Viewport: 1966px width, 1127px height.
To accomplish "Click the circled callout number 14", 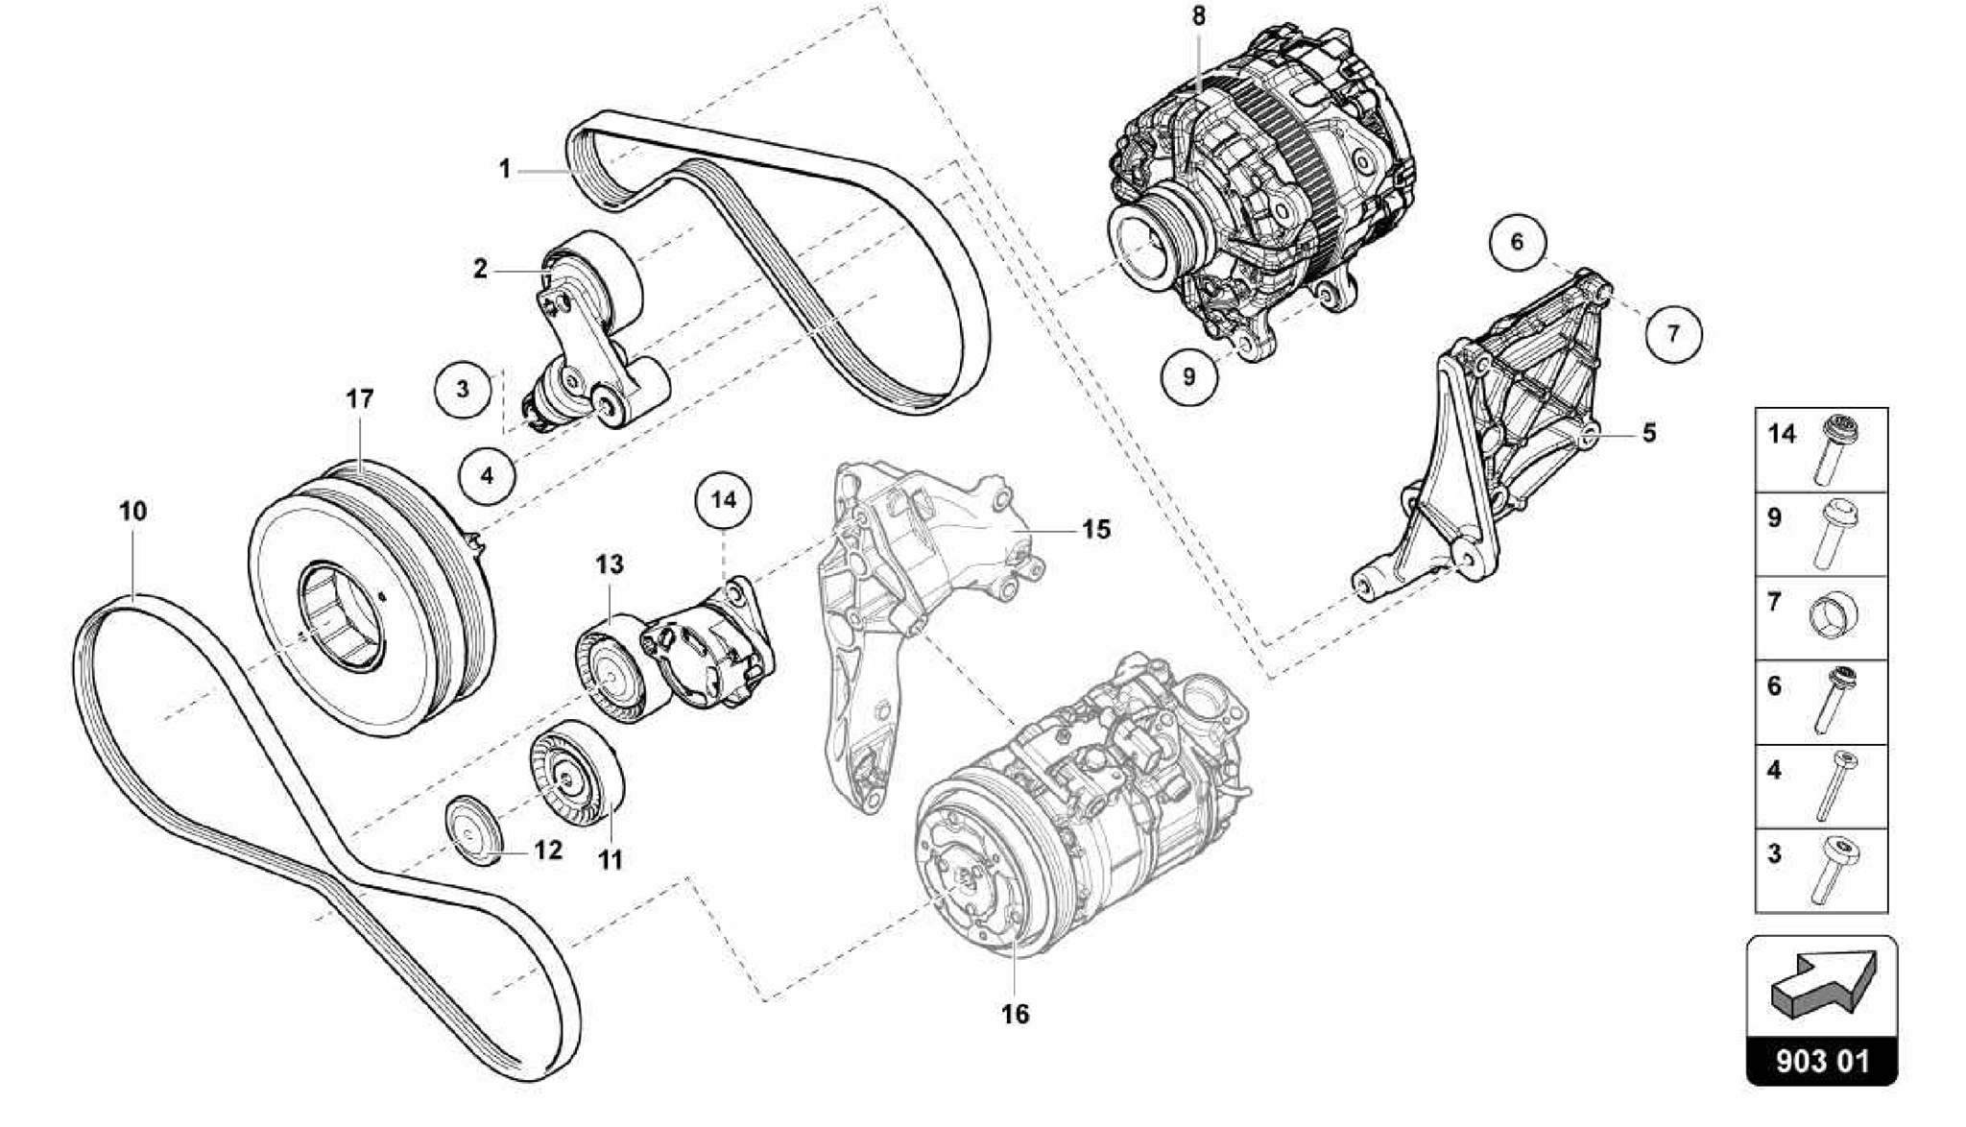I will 724,499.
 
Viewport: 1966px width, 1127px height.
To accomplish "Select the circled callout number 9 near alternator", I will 1188,375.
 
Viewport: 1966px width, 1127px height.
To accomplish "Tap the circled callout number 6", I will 1518,241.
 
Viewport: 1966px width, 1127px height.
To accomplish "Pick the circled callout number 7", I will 1673,333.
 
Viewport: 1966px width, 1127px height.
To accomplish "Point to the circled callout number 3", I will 463,389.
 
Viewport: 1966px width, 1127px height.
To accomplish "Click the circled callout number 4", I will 487,474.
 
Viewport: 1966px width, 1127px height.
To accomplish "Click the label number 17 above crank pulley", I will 359,398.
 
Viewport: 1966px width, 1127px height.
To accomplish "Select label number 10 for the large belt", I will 132,511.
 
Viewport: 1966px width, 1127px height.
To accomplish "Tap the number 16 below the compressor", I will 1015,1014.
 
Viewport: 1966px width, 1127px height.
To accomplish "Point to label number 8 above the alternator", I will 1198,16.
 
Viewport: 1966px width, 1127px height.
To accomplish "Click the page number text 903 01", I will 1822,1061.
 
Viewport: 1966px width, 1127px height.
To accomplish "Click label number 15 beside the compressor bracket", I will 1095,529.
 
